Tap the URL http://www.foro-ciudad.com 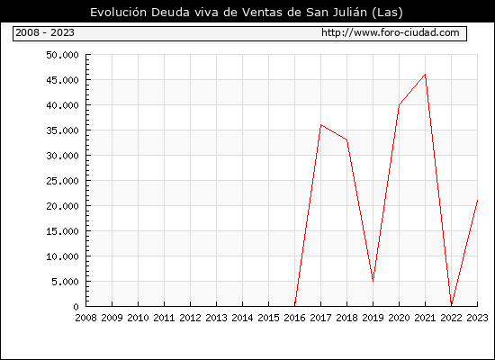[x=391, y=32]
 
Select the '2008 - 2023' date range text [x=45, y=32]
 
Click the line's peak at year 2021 [x=425, y=75]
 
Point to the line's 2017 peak [x=320, y=125]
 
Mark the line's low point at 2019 [x=373, y=281]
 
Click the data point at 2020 [x=399, y=104]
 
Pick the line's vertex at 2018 [x=346, y=139]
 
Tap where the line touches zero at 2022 [x=452, y=305]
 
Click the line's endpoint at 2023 [x=477, y=200]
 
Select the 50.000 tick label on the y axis [x=62, y=55]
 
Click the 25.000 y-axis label [x=62, y=181]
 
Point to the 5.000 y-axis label [x=65, y=282]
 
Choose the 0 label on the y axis [x=76, y=307]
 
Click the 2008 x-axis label [x=85, y=318]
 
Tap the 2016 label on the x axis [x=294, y=318]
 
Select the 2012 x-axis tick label [x=191, y=318]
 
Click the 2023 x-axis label [x=477, y=318]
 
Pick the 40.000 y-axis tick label [x=62, y=105]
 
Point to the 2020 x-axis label [x=399, y=318]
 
